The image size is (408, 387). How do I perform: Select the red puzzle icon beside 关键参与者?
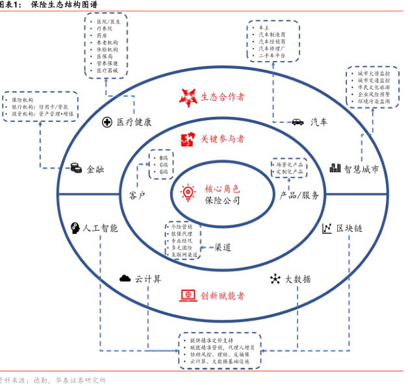coord(187,138)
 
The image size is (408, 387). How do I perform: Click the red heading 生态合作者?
coord(222,97)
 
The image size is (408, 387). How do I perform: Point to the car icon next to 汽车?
coord(298,121)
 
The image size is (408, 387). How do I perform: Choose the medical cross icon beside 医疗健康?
coord(107,122)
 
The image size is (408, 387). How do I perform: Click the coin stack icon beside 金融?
coord(76,169)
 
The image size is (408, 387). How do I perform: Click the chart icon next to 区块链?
coord(327,229)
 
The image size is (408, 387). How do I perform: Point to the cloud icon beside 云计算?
coord(124,279)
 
